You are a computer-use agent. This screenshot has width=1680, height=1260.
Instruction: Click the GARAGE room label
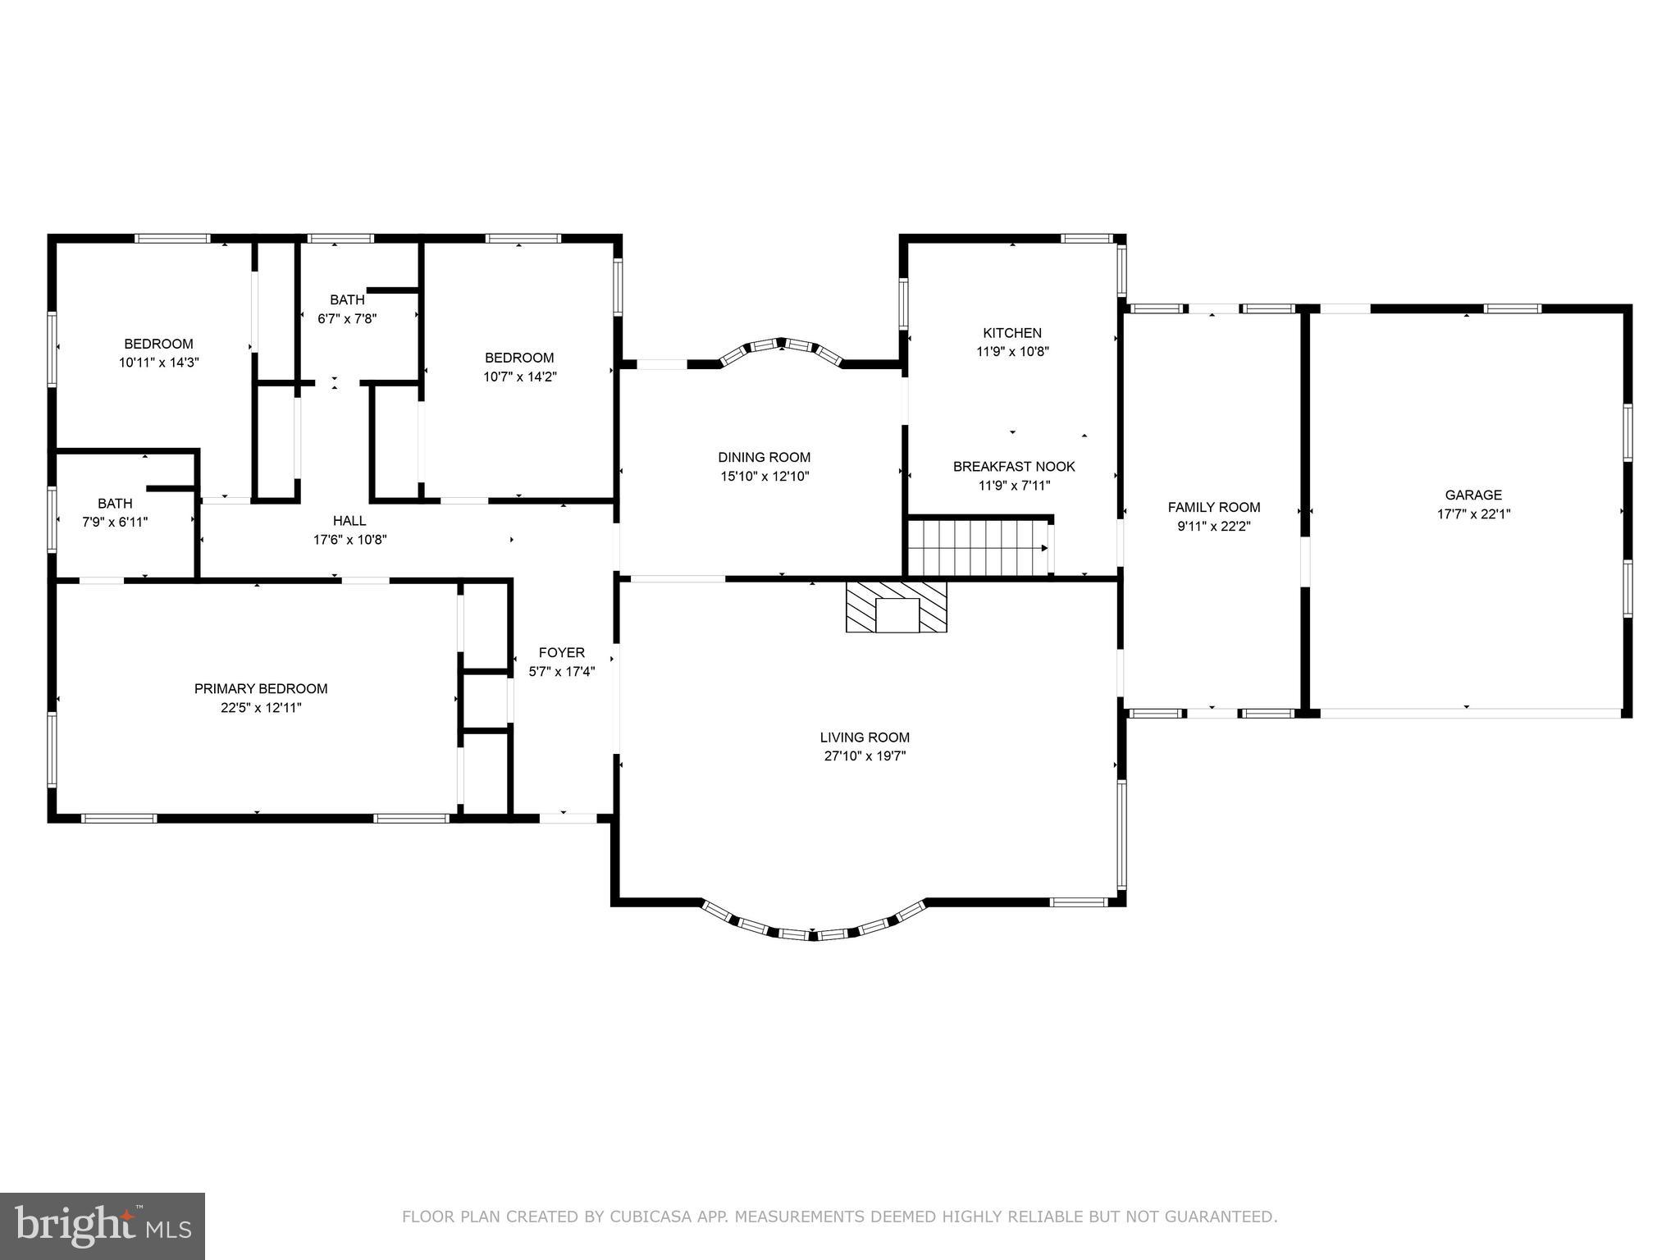(x=1473, y=495)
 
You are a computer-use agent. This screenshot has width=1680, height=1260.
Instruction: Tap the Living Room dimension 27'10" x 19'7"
(x=865, y=756)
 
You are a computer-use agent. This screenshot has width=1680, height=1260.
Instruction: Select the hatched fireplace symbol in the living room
(x=897, y=607)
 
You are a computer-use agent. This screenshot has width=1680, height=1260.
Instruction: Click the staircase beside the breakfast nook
(x=976, y=548)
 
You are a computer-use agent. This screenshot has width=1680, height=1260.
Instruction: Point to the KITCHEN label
(x=1012, y=333)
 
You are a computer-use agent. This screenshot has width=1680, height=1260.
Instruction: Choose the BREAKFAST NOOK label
(x=1014, y=467)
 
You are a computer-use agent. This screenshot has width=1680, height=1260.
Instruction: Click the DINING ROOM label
(x=764, y=458)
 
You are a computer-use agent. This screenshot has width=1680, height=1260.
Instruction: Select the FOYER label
(x=562, y=653)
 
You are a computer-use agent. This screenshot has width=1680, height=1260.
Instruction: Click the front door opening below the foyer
(x=568, y=817)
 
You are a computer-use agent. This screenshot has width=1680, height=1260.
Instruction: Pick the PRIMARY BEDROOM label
(x=261, y=689)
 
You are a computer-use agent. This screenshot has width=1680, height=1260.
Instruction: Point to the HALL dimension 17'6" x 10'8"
(x=349, y=540)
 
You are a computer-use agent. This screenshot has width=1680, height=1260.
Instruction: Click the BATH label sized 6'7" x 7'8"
(x=347, y=300)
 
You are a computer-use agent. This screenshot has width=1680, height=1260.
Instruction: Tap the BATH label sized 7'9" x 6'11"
(x=115, y=504)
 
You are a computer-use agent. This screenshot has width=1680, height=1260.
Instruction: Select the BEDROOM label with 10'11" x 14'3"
(x=158, y=344)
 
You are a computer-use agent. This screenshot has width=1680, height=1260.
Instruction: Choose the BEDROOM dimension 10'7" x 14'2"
(x=519, y=377)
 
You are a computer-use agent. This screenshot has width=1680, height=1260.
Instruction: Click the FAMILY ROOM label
(x=1214, y=508)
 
